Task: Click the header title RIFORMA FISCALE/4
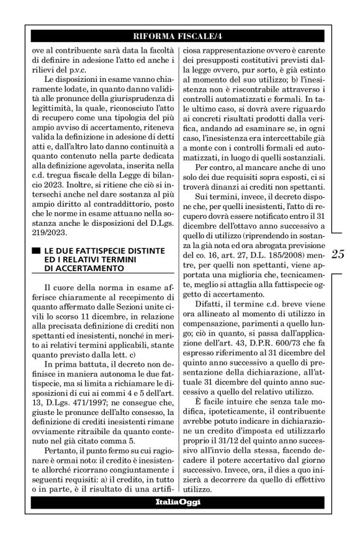[x=179, y=35]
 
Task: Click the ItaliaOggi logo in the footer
[x=180, y=502]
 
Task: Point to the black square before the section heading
[x=35, y=250]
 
